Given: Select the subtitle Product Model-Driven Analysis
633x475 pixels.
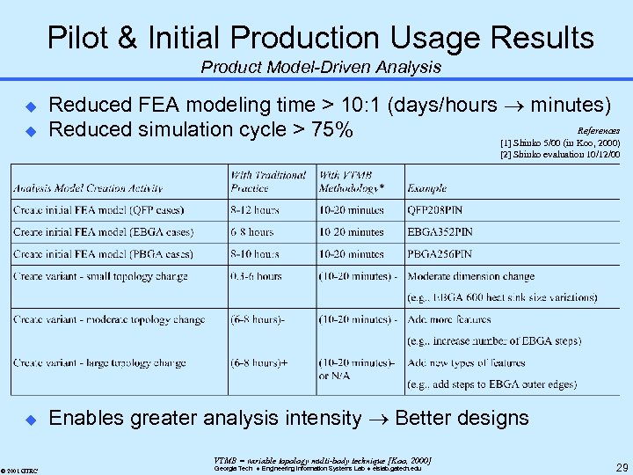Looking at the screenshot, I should [320, 67].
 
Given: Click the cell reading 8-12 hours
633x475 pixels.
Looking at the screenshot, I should [255, 210].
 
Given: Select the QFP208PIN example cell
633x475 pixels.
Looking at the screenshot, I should [440, 210].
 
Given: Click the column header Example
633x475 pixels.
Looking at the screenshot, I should [426, 188].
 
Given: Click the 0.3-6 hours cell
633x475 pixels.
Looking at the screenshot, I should [256, 276].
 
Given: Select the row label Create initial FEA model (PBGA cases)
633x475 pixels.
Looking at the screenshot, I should [103, 254].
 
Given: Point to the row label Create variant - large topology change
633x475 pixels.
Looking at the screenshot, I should [101, 362].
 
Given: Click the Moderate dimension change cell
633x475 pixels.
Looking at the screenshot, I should [470, 276].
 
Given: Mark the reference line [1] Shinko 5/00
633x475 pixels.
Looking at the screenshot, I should [559, 142].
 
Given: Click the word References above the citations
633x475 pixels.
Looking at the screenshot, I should [598, 131].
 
